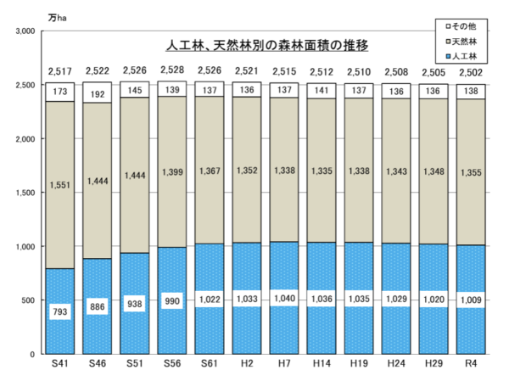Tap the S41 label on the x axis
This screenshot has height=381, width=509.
pyautogui.click(x=59, y=364)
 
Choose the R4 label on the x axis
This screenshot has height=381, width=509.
pyautogui.click(x=471, y=364)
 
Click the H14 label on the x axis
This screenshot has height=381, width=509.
pyautogui.click(x=321, y=364)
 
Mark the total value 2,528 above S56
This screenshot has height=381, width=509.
pyautogui.click(x=172, y=70)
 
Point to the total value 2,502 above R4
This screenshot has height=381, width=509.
pyautogui.click(x=471, y=70)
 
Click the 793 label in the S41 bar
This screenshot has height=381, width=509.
pyautogui.click(x=59, y=311)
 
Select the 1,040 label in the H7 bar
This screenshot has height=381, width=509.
pyautogui.click(x=283, y=299)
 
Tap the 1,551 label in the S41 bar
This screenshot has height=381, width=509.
pyautogui.click(x=59, y=183)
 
